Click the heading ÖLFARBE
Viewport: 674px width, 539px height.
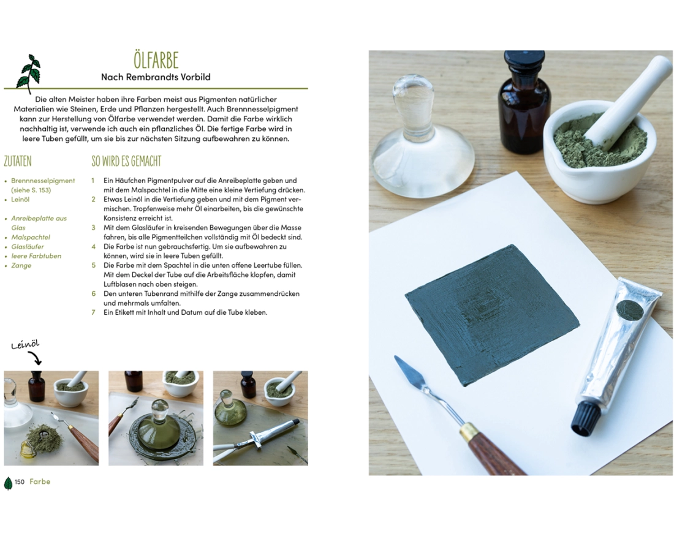[156, 60]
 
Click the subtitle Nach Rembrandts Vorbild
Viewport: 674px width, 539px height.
[156, 77]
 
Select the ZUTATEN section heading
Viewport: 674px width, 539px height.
[18, 161]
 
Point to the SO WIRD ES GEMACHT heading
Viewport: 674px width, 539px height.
[126, 161]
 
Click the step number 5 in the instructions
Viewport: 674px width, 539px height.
[93, 265]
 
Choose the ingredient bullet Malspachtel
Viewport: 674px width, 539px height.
[31, 237]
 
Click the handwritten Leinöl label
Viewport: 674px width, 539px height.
[25, 344]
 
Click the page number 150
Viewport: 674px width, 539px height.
[20, 482]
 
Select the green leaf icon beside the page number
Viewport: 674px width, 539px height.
[8, 483]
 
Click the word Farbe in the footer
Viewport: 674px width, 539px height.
[40, 482]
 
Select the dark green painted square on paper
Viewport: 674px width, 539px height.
[492, 316]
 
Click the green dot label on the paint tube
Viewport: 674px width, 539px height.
[630, 311]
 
